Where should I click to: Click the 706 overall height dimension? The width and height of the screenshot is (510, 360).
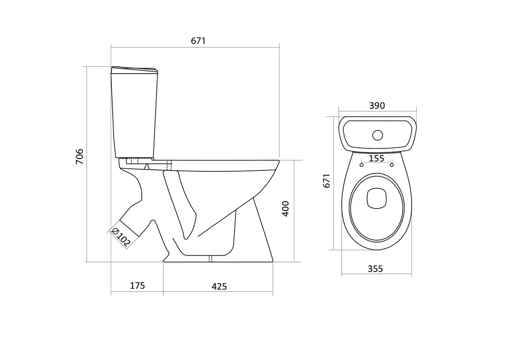80,157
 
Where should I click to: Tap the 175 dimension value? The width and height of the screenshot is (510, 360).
137,286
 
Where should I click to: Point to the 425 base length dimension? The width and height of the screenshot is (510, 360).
219,287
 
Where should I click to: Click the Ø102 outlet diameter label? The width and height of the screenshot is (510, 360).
120,237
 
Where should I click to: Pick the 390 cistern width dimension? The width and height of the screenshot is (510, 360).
377,106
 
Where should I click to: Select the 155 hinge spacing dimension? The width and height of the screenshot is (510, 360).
376,159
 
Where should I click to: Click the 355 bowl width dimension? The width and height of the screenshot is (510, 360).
375,269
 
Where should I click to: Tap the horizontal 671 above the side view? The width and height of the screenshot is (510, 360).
198,41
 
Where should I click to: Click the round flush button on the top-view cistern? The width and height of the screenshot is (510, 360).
377,135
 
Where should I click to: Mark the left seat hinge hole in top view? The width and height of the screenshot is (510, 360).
362,164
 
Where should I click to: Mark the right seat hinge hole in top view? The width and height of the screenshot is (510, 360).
392,164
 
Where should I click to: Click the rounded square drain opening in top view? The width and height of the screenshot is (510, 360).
377,198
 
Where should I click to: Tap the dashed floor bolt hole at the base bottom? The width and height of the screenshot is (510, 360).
210,259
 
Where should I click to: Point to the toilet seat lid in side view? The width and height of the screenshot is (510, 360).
224,163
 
